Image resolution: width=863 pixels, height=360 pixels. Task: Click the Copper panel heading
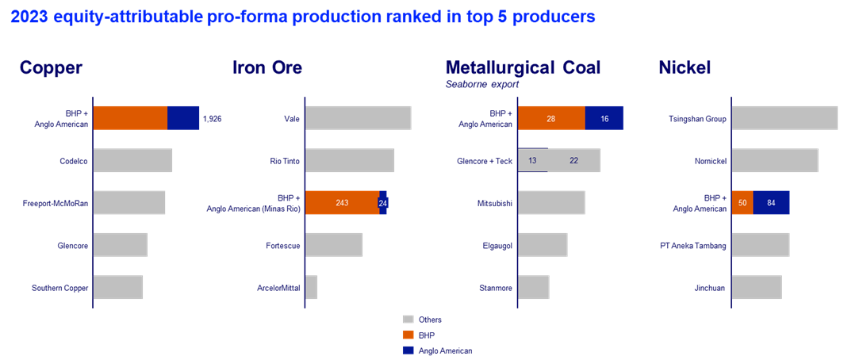(52, 68)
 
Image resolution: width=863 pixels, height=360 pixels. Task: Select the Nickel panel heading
(685, 68)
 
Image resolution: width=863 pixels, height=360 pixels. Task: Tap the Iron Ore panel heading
(267, 68)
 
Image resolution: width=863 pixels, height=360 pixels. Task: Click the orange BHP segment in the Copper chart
(130, 117)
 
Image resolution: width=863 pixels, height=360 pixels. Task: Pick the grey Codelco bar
(132, 160)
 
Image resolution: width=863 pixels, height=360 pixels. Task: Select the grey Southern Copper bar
(118, 287)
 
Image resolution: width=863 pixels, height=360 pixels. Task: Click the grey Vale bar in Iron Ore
(358, 117)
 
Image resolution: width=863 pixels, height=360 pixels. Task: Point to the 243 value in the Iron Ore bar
(342, 203)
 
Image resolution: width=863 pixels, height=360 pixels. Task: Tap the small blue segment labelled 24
(383, 203)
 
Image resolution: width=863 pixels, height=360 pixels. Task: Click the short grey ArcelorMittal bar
(312, 287)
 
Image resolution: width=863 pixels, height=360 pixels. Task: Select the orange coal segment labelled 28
(551, 117)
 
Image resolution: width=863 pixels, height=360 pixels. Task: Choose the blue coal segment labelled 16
(604, 117)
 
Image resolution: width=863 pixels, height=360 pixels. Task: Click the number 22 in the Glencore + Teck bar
(573, 161)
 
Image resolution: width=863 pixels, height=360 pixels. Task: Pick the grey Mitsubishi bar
(551, 202)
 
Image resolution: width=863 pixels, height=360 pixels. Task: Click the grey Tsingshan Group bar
(784, 117)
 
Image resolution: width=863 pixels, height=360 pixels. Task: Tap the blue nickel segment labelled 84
(771, 203)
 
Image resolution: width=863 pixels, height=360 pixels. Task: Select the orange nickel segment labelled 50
(742, 203)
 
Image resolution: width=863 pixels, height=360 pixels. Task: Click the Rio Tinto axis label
(287, 161)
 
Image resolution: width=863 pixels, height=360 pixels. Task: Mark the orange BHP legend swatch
(408, 335)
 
